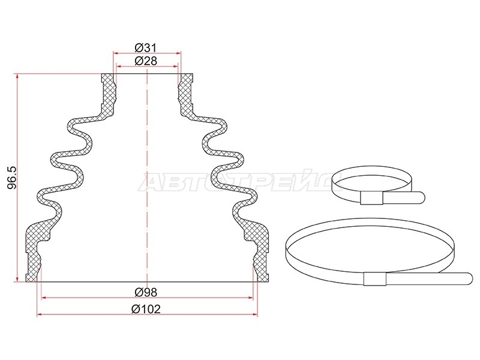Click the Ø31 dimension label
(x=146, y=48)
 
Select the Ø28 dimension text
(x=146, y=61)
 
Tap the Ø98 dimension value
(x=146, y=292)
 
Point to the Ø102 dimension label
(x=146, y=309)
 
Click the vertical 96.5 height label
(x=11, y=178)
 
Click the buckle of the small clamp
(x=371, y=198)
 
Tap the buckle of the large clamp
(x=375, y=278)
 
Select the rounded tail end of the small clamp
(x=421, y=197)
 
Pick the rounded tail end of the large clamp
(x=469, y=278)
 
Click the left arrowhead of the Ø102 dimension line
(x=39, y=314)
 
